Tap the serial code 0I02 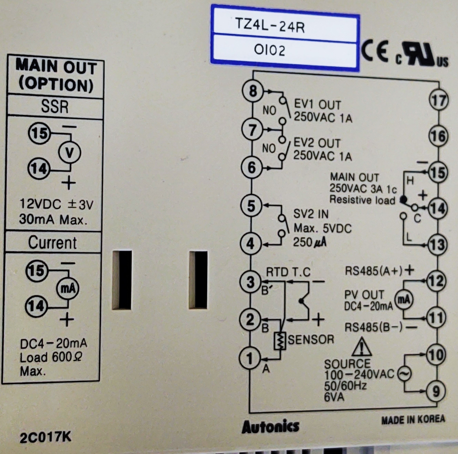click(x=269, y=50)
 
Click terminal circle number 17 click(x=438, y=100)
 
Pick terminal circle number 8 click(x=252, y=91)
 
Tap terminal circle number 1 click(x=250, y=358)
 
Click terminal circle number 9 click(x=436, y=391)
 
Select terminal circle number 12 click(x=436, y=281)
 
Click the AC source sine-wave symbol click(x=404, y=374)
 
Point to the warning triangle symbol click(x=362, y=347)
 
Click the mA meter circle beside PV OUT click(x=403, y=300)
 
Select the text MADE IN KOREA click(x=413, y=420)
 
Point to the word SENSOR click(x=311, y=340)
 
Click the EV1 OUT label click(x=317, y=105)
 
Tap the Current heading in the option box click(x=52, y=243)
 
